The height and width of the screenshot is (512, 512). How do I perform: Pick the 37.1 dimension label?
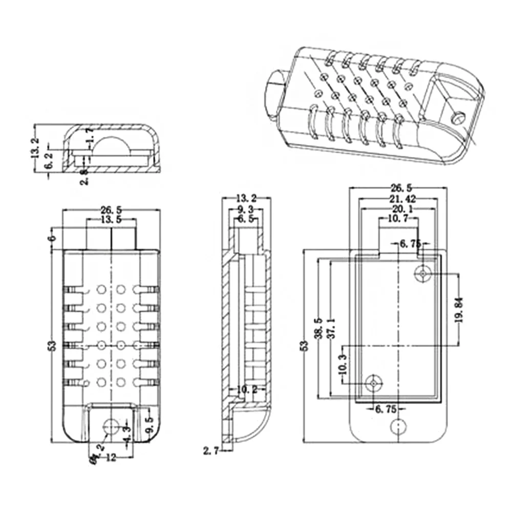tap(331, 328)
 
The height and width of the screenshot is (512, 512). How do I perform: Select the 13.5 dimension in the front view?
tap(111, 220)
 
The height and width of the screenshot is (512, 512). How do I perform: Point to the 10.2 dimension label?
tap(247, 390)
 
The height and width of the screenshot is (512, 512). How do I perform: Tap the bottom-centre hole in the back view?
tap(398, 426)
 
